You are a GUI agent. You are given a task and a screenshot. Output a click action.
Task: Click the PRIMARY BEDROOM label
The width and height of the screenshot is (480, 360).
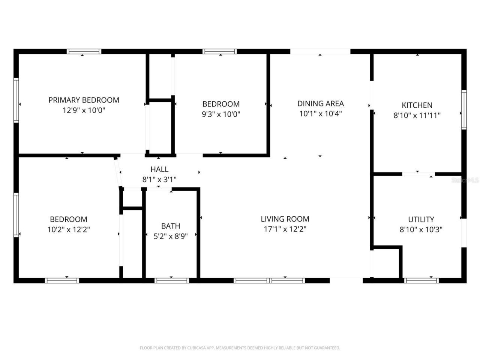click(84, 100)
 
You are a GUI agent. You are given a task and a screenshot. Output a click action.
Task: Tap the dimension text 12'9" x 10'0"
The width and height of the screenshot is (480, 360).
click(84, 110)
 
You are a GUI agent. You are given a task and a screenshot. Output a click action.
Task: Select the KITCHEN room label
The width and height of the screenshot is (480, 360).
click(417, 105)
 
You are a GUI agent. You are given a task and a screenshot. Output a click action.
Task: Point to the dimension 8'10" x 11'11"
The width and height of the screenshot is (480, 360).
click(417, 115)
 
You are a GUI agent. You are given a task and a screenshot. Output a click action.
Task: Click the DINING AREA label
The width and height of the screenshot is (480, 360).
click(320, 103)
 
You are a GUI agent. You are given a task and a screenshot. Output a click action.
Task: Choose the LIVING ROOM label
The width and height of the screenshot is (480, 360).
click(285, 219)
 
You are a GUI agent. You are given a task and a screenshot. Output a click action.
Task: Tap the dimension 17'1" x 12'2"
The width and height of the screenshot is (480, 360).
click(285, 229)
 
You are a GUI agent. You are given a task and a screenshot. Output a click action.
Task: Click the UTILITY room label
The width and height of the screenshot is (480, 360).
click(421, 219)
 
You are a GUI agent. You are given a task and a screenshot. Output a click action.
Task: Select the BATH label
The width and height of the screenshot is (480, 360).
click(171, 226)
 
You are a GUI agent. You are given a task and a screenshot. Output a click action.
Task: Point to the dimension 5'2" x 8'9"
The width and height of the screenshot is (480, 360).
click(171, 236)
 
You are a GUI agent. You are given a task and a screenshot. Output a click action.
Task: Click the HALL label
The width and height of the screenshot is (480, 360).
click(159, 169)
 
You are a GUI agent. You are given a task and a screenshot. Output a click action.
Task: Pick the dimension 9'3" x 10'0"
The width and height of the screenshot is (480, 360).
click(221, 114)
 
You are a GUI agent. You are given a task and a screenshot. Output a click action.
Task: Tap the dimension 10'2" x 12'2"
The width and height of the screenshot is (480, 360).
click(69, 229)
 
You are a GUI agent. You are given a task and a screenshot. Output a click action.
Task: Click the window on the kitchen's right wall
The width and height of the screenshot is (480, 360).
click(464, 109)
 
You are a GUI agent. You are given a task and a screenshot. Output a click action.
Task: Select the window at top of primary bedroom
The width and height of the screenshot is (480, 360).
click(84, 51)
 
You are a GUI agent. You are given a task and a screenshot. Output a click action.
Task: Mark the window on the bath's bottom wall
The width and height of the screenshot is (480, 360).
click(172, 280)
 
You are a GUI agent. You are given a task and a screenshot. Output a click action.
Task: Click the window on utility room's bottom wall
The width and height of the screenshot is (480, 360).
click(421, 280)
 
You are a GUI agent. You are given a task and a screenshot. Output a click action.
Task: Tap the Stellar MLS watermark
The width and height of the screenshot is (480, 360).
click(465, 180)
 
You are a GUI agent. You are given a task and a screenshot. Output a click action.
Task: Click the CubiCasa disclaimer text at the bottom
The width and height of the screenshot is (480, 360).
click(240, 348)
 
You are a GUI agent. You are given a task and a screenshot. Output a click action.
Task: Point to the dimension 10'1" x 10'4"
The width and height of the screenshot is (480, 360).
click(320, 114)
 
